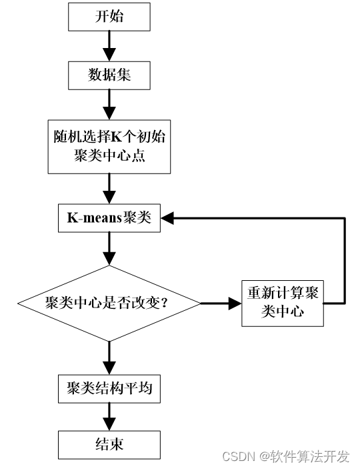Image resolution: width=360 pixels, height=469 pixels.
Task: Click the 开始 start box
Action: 109,17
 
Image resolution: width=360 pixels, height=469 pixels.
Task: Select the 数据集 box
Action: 109,75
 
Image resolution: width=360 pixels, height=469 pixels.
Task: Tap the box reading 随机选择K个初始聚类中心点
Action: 109,147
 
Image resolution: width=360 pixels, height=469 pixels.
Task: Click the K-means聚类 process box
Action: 109,218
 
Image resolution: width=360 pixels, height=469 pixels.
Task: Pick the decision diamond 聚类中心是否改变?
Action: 109,304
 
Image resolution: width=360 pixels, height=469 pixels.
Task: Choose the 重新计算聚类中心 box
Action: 283,304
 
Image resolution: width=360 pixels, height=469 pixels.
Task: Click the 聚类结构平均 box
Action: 109,388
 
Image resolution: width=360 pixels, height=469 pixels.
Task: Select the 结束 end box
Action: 109,445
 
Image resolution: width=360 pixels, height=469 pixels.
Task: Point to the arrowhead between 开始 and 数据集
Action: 109,55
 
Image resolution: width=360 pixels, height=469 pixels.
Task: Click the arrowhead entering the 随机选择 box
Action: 109,113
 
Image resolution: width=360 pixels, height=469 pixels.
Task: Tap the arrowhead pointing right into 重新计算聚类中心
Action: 235,304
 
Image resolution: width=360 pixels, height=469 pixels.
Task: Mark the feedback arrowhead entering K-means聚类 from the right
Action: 167,218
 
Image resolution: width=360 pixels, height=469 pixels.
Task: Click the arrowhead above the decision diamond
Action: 109,258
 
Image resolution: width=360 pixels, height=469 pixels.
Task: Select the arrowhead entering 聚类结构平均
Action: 109,368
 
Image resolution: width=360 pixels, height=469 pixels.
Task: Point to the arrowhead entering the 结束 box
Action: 109,424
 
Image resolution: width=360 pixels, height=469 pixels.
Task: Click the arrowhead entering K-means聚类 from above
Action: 109,197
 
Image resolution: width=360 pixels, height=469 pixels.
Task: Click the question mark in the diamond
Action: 163,304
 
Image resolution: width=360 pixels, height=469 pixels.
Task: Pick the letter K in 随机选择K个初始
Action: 117,137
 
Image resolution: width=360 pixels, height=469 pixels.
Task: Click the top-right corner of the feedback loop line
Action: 345,218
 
